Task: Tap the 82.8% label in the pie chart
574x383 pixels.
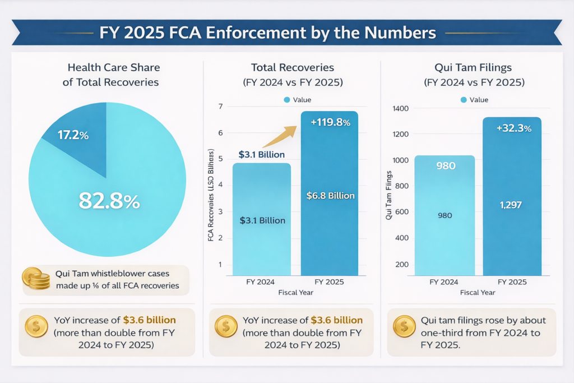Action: coord(109,201)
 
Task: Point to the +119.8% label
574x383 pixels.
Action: coord(329,122)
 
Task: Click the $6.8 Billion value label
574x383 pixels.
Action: coord(330,196)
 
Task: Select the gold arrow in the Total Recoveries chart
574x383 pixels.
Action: coord(283,137)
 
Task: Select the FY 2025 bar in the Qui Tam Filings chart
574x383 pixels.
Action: coord(512,213)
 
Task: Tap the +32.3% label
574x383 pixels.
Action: coord(513,128)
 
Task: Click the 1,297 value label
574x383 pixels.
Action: coord(510,205)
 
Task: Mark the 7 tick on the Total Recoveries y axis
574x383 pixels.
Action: coord(220,107)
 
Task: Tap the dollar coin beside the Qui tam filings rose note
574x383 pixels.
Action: coord(404,326)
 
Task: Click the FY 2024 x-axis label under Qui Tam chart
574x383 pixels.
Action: coord(443,282)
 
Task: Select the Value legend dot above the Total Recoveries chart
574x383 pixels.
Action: coord(287,100)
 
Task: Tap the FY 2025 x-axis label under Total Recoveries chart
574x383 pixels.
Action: coord(330,282)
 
